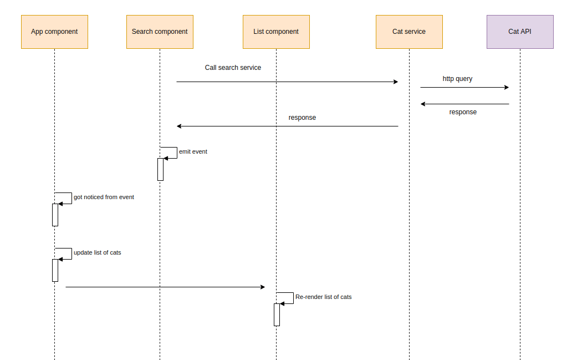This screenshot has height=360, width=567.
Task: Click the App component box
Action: click(x=54, y=32)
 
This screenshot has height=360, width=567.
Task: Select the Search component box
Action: click(x=160, y=32)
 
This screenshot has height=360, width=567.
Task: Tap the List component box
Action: click(x=276, y=32)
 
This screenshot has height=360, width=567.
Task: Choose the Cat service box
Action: click(x=409, y=32)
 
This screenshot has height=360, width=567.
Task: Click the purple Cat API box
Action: click(x=520, y=32)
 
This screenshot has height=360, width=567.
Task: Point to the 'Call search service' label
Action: click(x=233, y=68)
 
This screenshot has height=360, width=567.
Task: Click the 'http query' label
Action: click(x=457, y=79)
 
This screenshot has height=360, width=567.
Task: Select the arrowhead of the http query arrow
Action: click(x=506, y=87)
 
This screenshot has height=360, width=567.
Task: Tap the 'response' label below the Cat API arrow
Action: click(x=463, y=112)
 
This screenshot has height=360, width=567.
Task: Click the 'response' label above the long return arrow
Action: click(x=302, y=118)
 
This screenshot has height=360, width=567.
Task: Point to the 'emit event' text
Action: click(x=193, y=151)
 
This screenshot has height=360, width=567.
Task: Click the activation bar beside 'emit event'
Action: click(x=160, y=169)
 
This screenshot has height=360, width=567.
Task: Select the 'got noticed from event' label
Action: click(x=104, y=197)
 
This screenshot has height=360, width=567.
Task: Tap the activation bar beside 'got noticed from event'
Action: click(x=55, y=215)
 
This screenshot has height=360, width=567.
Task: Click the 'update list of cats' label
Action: click(x=97, y=252)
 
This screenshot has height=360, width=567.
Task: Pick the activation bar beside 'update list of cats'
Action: click(x=55, y=270)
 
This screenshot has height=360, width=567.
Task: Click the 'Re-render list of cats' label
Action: click(x=323, y=297)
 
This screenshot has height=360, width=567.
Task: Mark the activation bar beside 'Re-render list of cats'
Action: click(x=277, y=315)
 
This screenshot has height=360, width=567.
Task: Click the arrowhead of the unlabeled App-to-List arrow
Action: click(x=263, y=287)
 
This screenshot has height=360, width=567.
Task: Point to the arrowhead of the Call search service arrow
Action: click(x=396, y=82)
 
